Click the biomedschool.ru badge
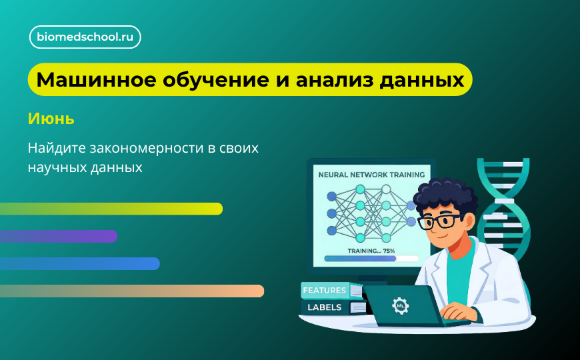[x=85, y=37]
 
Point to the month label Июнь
[x=51, y=119]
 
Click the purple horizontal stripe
[x=58, y=236]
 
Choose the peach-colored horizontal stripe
[x=131, y=291]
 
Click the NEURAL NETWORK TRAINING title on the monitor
[x=371, y=175]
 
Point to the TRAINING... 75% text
[x=371, y=251]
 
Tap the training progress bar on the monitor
[x=371, y=259]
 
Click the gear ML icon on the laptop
[x=401, y=306]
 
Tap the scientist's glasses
[x=439, y=221]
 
